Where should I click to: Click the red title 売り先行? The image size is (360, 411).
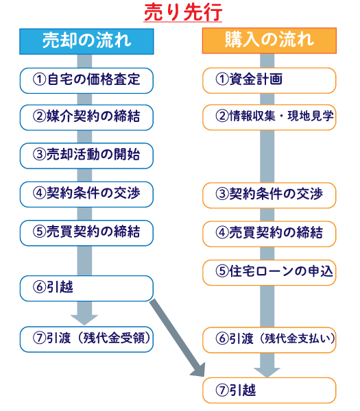point(183,12)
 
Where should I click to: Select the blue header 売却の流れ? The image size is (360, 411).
point(86,41)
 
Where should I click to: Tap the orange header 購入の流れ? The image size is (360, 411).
point(269,40)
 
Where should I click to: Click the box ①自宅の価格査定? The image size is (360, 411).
point(86,81)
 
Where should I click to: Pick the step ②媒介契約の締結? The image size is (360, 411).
point(86,117)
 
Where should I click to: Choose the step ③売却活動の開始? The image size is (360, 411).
point(86,155)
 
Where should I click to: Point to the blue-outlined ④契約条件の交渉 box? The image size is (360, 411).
point(86,195)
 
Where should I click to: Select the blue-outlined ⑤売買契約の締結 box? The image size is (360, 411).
point(86,233)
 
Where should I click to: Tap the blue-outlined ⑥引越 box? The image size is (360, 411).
point(86,288)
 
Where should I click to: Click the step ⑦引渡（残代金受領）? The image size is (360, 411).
point(86,340)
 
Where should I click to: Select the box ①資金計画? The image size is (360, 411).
point(269,80)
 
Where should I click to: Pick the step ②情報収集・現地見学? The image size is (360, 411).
point(269,117)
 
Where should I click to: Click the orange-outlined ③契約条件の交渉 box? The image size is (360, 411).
point(269,195)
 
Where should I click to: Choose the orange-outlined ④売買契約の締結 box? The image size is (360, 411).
point(269,234)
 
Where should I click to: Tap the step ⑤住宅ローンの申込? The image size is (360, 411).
point(269,273)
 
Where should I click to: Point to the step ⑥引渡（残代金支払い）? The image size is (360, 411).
point(269,340)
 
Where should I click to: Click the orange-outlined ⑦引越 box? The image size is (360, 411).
point(269,390)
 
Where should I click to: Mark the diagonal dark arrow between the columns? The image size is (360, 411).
point(177,338)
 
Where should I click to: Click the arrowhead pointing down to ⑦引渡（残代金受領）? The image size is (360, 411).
point(84,320)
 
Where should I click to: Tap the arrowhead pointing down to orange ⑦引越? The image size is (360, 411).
point(267,373)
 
